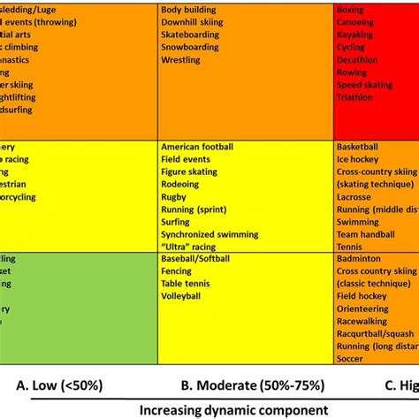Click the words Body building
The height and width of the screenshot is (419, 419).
pyautogui.click(x=189, y=9)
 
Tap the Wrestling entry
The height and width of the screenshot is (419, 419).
pyautogui.click(x=181, y=60)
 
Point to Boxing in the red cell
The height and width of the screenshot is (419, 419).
pyautogui.click(x=351, y=9)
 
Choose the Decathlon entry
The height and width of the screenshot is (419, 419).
pyautogui.click(x=357, y=60)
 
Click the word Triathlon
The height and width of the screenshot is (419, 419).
pyautogui.click(x=355, y=98)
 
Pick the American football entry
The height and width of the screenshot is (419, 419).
pyautogui.click(x=199, y=147)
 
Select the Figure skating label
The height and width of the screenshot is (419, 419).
pyautogui.click(x=191, y=171)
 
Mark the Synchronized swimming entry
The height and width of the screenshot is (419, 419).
pyautogui.click(x=210, y=235)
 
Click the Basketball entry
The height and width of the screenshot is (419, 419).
pyautogui.click(x=358, y=147)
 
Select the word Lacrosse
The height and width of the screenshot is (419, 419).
pyautogui.click(x=355, y=197)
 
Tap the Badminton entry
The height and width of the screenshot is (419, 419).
pyautogui.click(x=359, y=259)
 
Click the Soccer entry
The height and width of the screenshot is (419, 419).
pyautogui.click(x=351, y=361)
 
